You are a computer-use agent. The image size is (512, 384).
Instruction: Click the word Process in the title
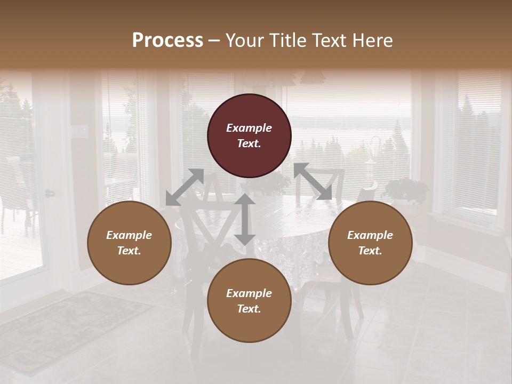pyautogui.click(x=167, y=41)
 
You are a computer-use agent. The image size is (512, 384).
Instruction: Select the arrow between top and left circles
pyautogui.click(x=185, y=187)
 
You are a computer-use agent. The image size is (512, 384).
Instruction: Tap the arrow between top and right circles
pyautogui.click(x=313, y=181)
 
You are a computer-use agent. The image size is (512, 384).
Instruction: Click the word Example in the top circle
pyautogui.click(x=249, y=128)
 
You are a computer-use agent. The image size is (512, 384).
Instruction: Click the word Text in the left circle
pyautogui.click(x=129, y=251)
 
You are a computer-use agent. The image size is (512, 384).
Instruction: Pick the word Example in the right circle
pyautogui.click(x=370, y=235)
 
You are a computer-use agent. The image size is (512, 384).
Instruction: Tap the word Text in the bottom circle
pyautogui.click(x=249, y=309)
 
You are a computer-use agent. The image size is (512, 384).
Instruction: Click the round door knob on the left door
pyautogui.click(x=49, y=193)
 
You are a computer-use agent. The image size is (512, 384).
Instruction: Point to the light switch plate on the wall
pyautogui.click(x=83, y=131)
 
